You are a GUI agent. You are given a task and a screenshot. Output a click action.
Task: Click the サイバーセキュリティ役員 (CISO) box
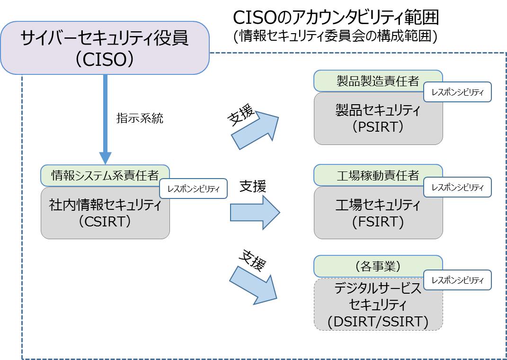pos(104,47)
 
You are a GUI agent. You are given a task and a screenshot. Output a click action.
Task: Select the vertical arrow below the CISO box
pos(105,118)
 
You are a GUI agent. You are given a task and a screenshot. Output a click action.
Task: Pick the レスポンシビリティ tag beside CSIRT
pos(193,189)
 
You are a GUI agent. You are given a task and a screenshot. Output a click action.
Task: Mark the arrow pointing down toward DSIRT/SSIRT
pos(254,284)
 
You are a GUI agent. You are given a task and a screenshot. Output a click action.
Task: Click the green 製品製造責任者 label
pos(378,81)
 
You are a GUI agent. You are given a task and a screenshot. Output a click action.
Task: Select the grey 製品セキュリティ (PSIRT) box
pos(378,118)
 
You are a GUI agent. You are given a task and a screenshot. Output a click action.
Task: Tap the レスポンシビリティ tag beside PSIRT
pos(457,93)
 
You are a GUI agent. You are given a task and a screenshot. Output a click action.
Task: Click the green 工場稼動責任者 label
pos(378,175)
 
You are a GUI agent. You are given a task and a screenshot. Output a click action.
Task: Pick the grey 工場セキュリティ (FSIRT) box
pos(378,213)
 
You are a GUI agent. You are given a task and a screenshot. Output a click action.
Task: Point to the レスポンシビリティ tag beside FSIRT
pos(457,188)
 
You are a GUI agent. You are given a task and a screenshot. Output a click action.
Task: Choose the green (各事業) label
pos(378,267)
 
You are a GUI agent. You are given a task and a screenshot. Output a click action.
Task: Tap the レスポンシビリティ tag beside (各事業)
pos(457,280)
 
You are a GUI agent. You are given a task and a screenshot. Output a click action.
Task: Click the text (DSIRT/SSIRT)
pos(378,322)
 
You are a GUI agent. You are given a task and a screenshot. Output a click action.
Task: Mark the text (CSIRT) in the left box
pos(105,221)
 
